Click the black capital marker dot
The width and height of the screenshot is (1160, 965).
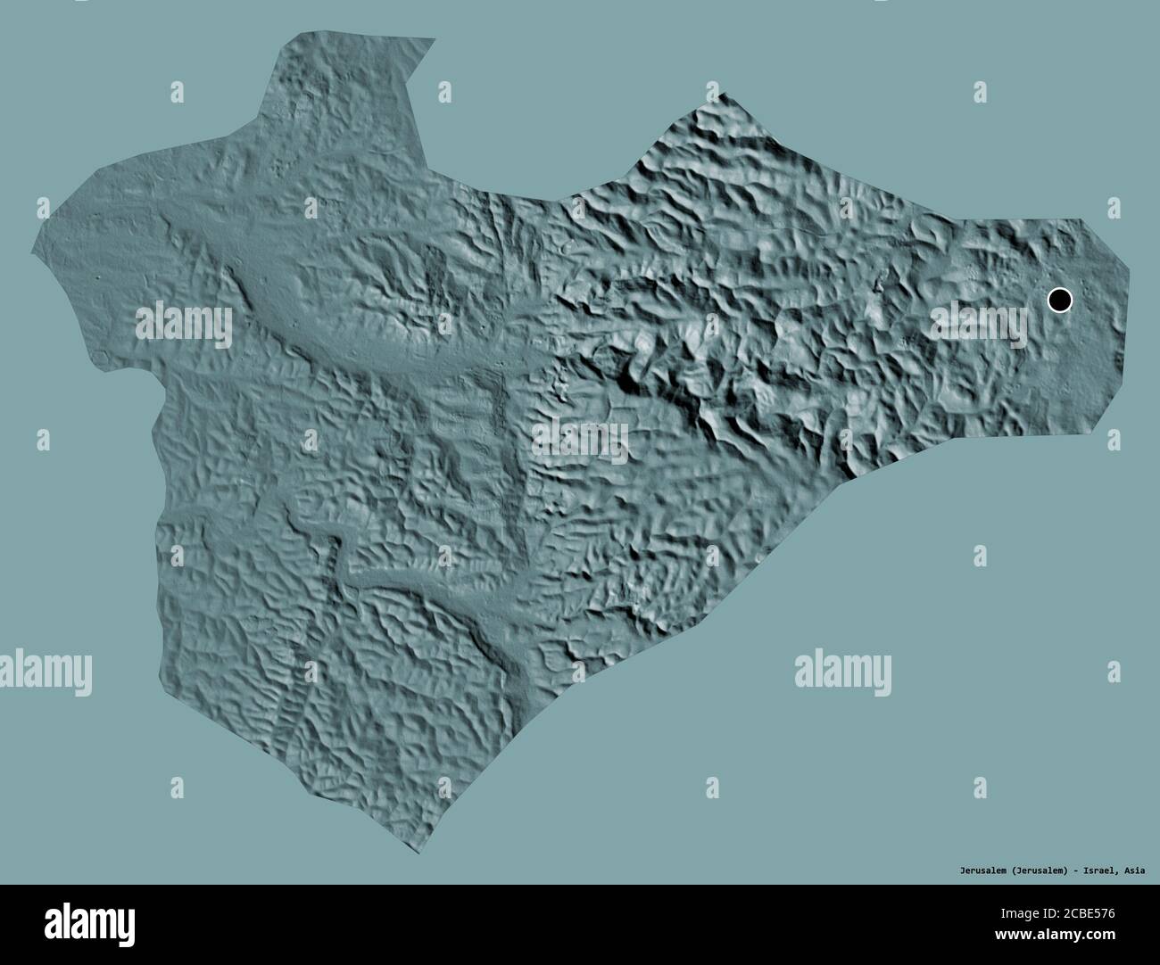point(1059,300)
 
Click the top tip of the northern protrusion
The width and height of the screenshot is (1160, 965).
point(435,38)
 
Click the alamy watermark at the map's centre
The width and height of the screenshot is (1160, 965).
point(580,441)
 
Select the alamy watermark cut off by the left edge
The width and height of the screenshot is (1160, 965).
point(45,671)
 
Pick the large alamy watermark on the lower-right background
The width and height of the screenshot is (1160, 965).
point(842,671)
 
